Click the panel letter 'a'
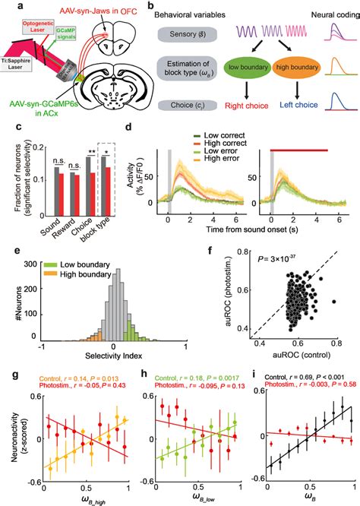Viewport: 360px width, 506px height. (x=7, y=6)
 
